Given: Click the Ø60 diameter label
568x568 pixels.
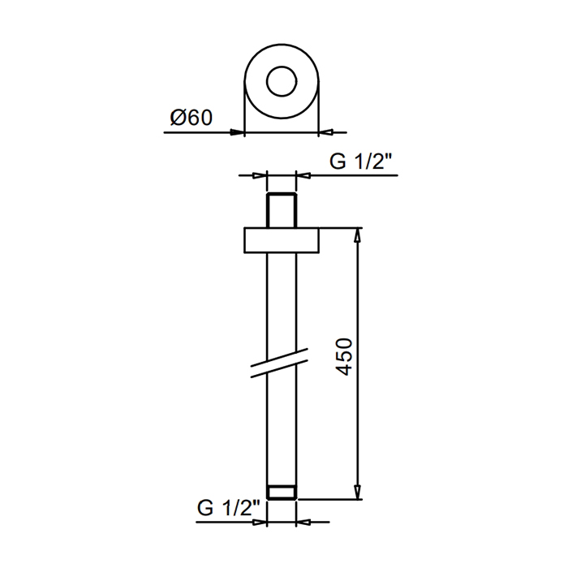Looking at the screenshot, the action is tap(191, 118).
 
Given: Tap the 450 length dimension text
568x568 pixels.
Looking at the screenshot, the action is tap(344, 357).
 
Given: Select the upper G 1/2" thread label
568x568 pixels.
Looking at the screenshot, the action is tap(361, 161).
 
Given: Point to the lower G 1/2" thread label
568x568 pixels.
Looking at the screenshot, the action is tap(229, 508).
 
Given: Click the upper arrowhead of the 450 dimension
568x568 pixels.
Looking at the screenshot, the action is tap(358, 235).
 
